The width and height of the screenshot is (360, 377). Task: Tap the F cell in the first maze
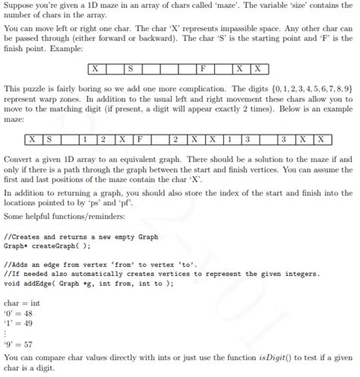203,69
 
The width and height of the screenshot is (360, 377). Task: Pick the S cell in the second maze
49,139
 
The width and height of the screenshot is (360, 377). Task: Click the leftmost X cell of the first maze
96,69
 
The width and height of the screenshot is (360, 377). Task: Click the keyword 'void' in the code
13,283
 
